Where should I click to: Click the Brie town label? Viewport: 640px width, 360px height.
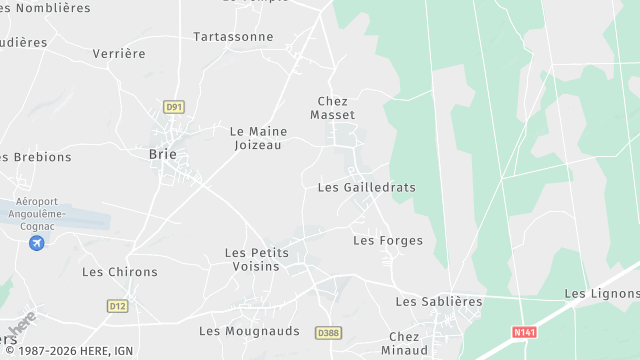click(x=162, y=154)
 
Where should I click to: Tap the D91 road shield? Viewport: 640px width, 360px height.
click(x=175, y=106)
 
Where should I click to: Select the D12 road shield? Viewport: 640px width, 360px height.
click(x=118, y=306)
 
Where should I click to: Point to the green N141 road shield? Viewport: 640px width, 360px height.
click(x=521, y=332)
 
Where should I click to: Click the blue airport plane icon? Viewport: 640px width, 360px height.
click(x=37, y=243)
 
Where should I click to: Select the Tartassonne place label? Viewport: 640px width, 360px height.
click(x=233, y=37)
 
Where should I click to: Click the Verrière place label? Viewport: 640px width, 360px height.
click(x=119, y=53)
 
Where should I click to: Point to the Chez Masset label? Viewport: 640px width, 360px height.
click(x=332, y=108)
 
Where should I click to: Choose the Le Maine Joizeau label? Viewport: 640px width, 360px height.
click(x=258, y=138)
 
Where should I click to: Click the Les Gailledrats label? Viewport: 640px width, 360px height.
click(x=366, y=187)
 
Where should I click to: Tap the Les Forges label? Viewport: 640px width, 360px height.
click(x=388, y=241)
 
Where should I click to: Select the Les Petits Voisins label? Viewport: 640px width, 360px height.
click(x=257, y=260)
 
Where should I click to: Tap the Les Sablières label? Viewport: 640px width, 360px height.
click(x=439, y=301)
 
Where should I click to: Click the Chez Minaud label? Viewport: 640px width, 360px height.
click(x=404, y=343)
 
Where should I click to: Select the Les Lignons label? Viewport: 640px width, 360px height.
click(x=601, y=293)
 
